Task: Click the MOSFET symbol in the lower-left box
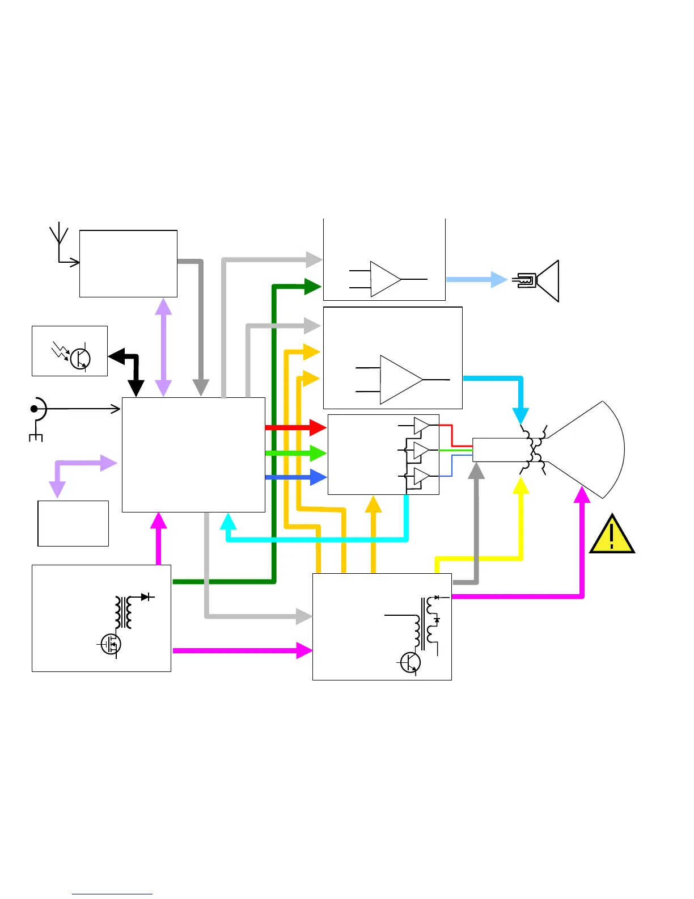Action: (111, 644)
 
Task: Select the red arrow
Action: (295, 427)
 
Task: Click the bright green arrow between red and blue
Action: (295, 453)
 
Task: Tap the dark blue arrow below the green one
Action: (295, 477)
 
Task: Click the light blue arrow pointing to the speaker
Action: (476, 279)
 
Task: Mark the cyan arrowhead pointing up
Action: (228, 521)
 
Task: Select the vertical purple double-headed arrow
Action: (163, 347)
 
